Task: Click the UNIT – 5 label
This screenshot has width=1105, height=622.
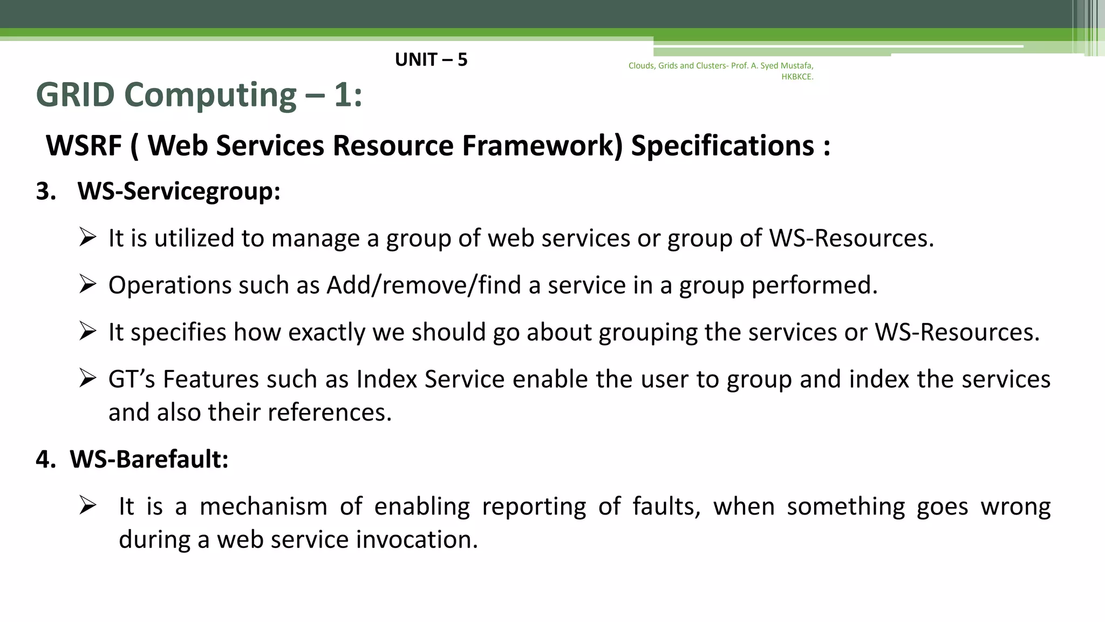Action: click(x=431, y=59)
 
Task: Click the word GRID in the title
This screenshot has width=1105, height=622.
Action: click(x=75, y=95)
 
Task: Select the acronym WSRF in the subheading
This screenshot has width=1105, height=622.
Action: click(x=84, y=146)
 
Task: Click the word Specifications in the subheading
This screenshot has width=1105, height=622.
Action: click(x=722, y=146)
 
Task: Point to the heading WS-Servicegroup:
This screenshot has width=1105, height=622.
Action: click(x=179, y=191)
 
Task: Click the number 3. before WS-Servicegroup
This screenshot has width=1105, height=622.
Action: click(x=46, y=191)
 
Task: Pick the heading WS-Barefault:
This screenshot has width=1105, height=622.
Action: click(x=149, y=459)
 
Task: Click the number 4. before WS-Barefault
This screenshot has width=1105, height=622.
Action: click(x=45, y=459)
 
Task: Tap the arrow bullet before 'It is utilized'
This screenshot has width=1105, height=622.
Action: click(x=87, y=237)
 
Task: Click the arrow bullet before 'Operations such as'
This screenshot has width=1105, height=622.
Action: click(x=87, y=284)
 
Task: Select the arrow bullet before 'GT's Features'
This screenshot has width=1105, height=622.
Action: click(x=87, y=378)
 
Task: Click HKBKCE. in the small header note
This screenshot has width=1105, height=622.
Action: click(x=797, y=77)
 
